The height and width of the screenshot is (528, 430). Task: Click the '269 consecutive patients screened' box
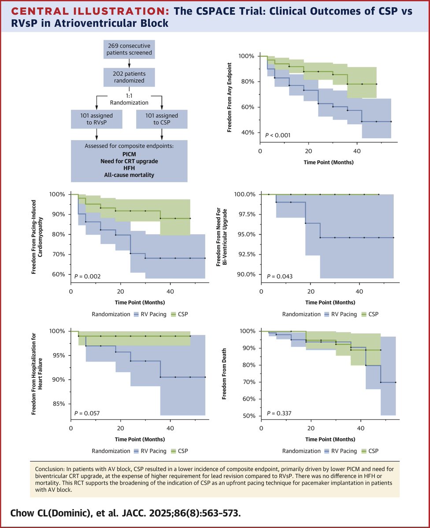click(x=129, y=49)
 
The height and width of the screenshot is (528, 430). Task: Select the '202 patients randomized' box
click(x=129, y=77)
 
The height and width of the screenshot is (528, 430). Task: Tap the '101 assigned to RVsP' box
click(x=97, y=119)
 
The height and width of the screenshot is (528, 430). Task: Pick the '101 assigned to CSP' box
click(x=162, y=119)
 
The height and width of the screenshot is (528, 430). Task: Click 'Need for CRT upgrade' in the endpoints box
click(x=129, y=161)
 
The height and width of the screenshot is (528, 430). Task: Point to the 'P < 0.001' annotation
click(x=278, y=135)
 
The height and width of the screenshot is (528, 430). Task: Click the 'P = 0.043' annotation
click(x=280, y=277)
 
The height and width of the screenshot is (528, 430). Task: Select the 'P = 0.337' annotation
click(x=279, y=413)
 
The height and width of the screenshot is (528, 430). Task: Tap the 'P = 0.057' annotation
click(x=87, y=413)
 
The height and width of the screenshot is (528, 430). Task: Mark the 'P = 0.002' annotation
click(x=87, y=277)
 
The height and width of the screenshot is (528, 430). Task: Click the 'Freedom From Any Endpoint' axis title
click(x=230, y=97)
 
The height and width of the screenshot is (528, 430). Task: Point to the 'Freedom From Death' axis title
click(x=224, y=374)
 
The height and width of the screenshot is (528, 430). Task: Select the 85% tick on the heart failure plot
click(x=58, y=404)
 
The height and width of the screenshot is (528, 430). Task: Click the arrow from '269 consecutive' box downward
click(x=129, y=63)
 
